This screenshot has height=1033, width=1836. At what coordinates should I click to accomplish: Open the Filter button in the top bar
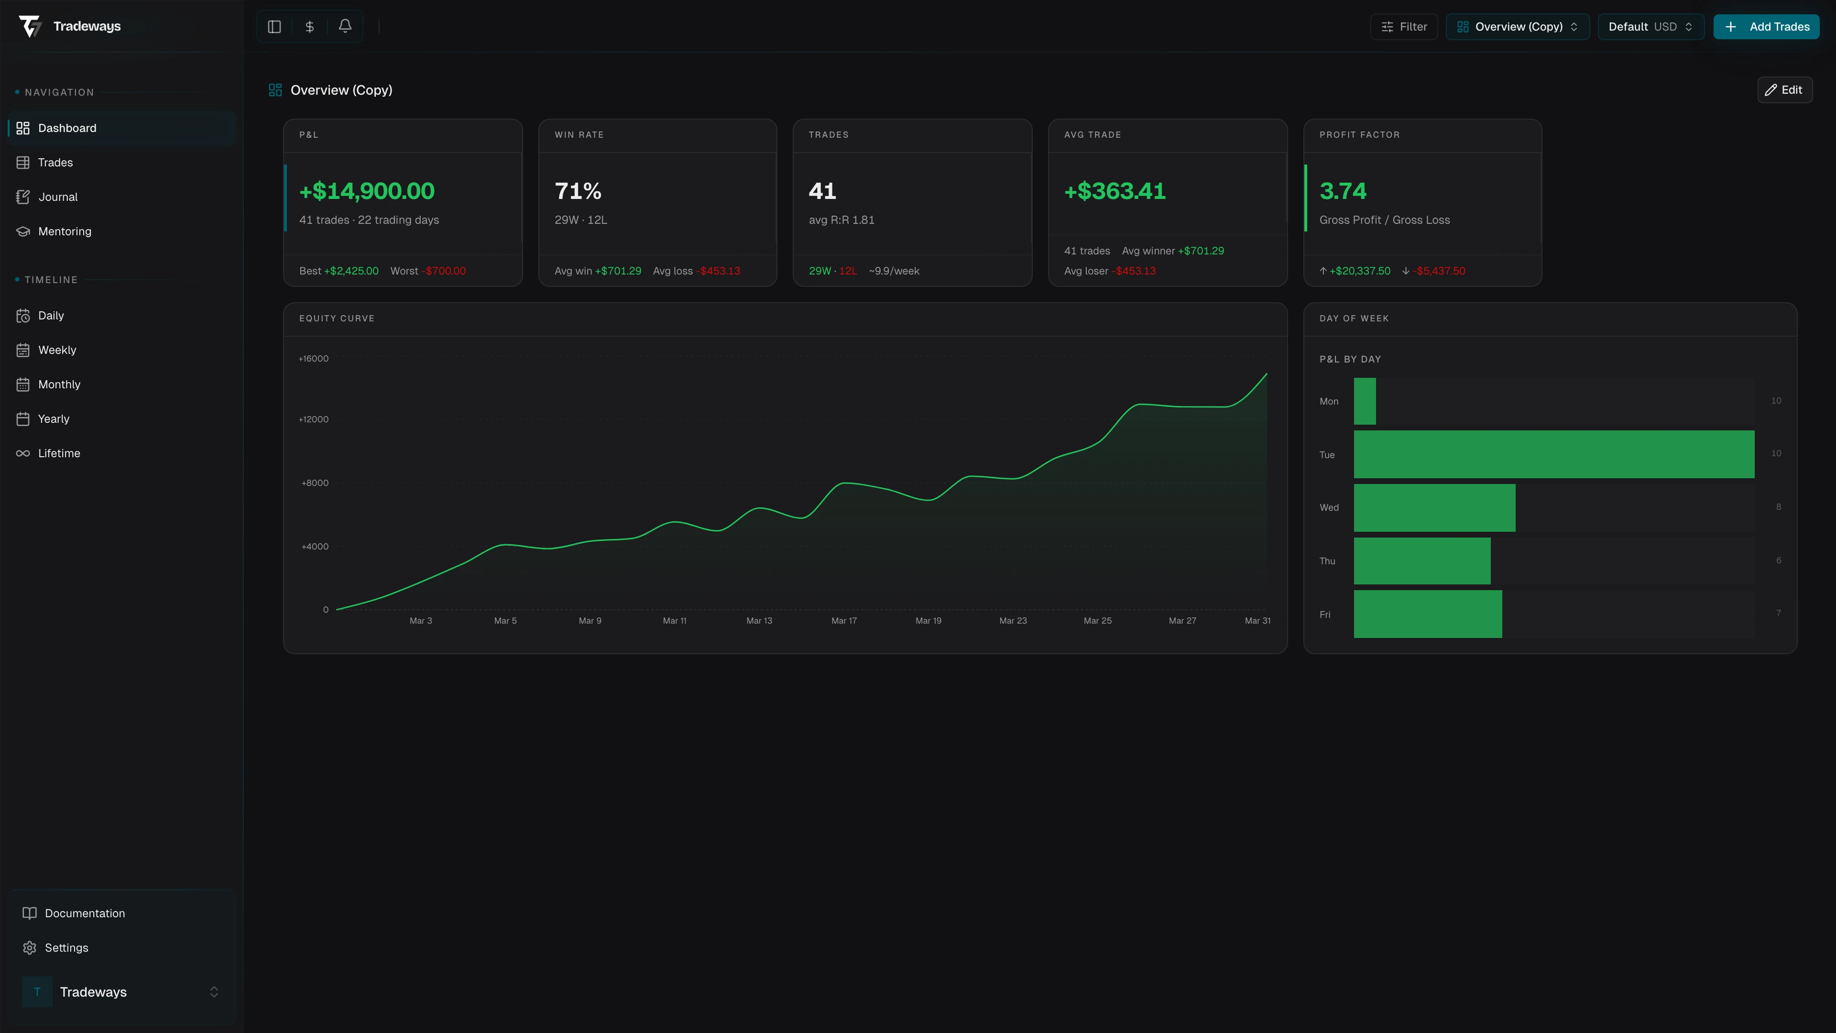click(1403, 26)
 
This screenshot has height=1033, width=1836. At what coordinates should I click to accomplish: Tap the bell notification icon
click(345, 26)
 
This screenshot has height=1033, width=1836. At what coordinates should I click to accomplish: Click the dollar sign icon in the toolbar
click(309, 26)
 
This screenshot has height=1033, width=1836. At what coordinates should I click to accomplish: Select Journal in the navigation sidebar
click(58, 197)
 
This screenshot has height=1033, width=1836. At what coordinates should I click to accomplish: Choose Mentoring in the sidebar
click(64, 231)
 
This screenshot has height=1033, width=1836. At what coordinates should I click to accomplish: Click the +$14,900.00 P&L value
click(366, 191)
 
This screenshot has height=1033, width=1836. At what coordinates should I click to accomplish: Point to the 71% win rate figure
click(578, 191)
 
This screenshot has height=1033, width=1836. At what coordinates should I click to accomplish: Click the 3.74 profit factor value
click(1343, 191)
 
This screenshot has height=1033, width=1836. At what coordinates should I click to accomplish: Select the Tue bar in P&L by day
click(1554, 454)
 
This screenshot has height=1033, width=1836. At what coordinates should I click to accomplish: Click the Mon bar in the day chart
click(1364, 401)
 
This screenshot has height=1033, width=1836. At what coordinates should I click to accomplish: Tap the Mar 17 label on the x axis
click(844, 621)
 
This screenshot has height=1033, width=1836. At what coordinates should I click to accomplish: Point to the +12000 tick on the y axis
click(314, 419)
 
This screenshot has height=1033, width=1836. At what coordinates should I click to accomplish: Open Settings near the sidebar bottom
click(66, 947)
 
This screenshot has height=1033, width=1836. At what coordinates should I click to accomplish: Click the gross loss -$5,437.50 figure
click(1440, 271)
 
